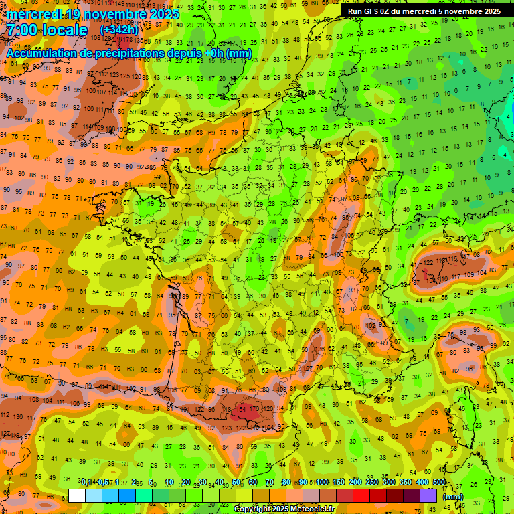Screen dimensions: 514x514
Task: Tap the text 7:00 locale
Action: click(x=47, y=30)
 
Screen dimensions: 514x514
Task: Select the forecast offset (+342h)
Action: click(x=118, y=30)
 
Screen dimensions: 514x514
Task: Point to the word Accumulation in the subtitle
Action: click(x=41, y=53)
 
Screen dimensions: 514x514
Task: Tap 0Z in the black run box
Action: click(x=389, y=11)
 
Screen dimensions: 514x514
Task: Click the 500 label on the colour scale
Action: click(x=439, y=483)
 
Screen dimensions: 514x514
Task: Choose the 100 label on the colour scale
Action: click(x=322, y=483)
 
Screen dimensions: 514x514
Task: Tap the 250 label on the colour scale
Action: click(x=372, y=483)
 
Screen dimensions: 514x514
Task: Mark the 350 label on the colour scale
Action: click(x=406, y=483)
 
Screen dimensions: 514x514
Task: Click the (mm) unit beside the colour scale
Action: click(x=453, y=497)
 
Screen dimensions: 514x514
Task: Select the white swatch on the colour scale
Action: click(x=77, y=496)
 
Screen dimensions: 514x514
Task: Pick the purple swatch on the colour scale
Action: click(x=428, y=496)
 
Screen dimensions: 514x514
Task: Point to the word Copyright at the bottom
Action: click(x=254, y=509)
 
